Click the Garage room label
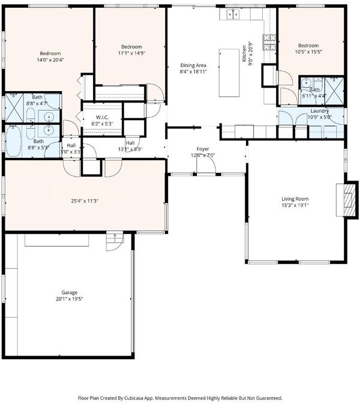coord(70,293)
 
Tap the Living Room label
coord(295,199)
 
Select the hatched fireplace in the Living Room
coord(348,200)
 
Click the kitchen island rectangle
coord(229,73)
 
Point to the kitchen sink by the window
coord(233,14)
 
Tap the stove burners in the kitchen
coord(269,42)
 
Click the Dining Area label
coord(193,65)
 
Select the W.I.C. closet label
coord(102,118)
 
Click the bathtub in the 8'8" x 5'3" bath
coord(13,141)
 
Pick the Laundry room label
coord(320,111)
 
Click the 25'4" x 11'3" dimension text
coord(85,201)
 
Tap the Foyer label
coord(203,149)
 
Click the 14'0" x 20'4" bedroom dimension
coord(50,60)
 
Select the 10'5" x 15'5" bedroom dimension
coord(308,52)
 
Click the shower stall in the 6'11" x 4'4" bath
coord(334,91)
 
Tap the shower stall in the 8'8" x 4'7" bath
coord(14,108)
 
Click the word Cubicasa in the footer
coord(134,398)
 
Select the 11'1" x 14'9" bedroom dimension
coord(131,53)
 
